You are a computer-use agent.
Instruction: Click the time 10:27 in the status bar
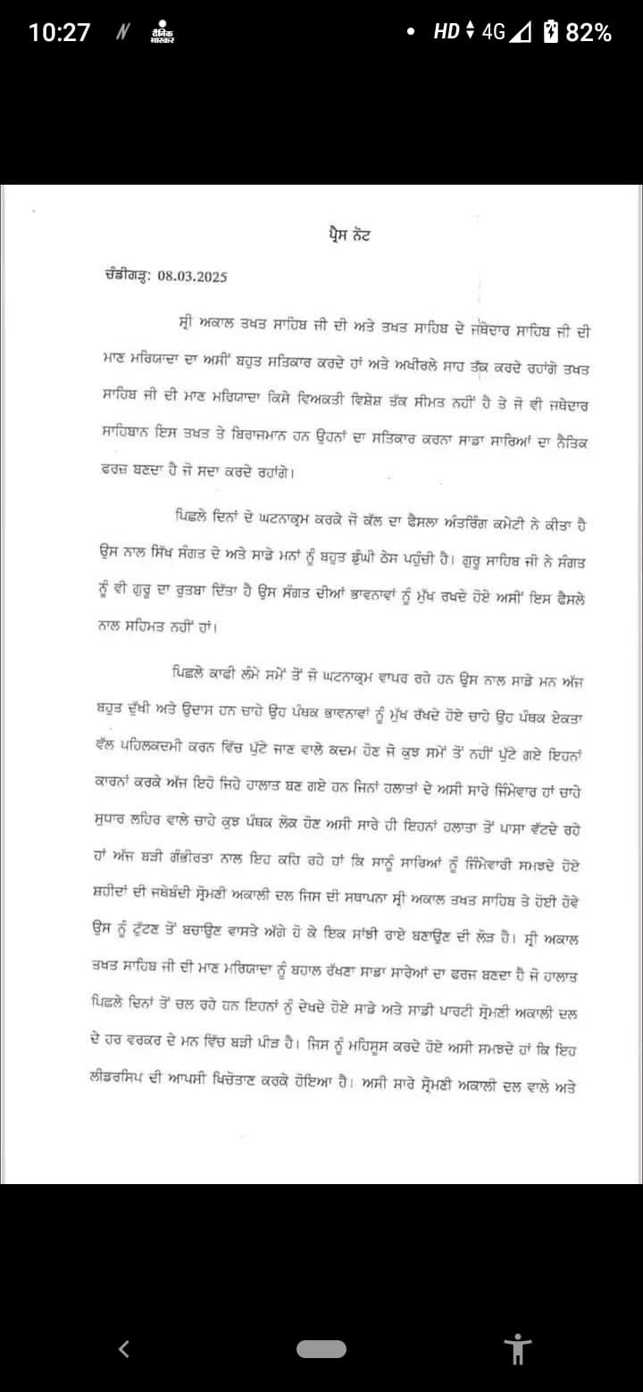[59, 33]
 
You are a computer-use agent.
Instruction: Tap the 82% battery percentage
[589, 33]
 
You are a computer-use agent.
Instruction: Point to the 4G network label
[493, 33]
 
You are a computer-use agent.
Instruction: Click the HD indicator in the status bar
[446, 33]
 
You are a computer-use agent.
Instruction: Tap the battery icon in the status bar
[551, 33]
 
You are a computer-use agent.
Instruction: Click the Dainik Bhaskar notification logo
[162, 33]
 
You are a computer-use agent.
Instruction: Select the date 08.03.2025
[192, 276]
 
